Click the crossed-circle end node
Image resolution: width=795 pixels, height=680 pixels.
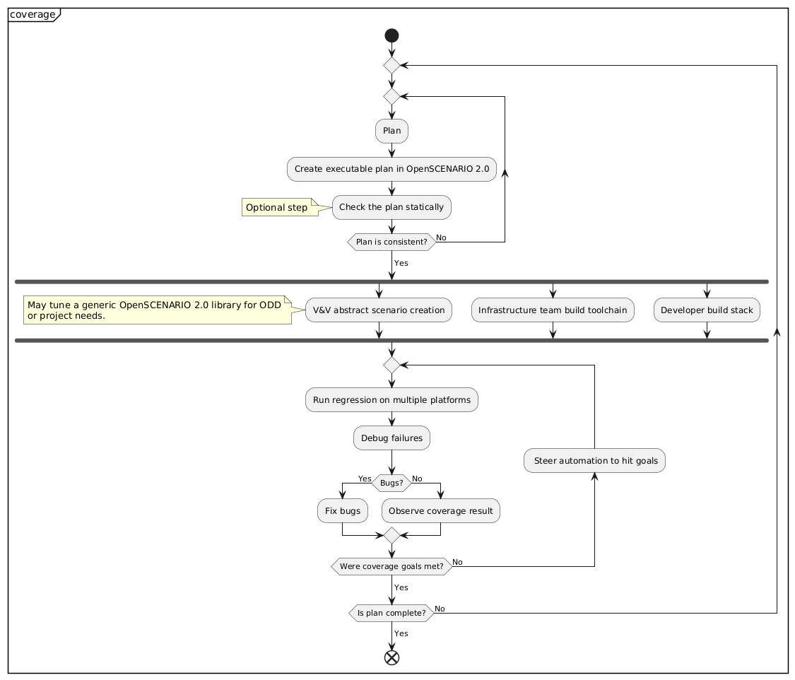click(x=391, y=657)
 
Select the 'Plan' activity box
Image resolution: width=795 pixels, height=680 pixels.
click(x=391, y=131)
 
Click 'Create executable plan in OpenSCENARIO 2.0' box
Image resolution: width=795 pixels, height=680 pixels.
click(x=391, y=169)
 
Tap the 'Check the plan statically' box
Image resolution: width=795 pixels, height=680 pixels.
click(x=391, y=207)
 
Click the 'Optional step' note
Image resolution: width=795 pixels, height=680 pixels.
click(x=281, y=207)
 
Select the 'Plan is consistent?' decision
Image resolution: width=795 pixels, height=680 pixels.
click(x=391, y=242)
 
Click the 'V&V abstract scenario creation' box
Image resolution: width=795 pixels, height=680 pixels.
click(x=379, y=310)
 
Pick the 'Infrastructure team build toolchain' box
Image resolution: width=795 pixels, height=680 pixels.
click(x=553, y=310)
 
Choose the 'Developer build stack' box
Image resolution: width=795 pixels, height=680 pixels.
click(x=707, y=310)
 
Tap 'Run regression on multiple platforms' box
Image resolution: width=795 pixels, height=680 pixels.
click(x=391, y=400)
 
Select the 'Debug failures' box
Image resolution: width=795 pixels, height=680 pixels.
click(x=391, y=438)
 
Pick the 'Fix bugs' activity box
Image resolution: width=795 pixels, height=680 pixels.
click(x=343, y=510)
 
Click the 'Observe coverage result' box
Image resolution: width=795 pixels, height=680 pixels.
click(x=441, y=510)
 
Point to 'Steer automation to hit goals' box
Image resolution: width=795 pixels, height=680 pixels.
click(x=595, y=461)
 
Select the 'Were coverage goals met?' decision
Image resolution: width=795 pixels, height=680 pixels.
click(x=391, y=566)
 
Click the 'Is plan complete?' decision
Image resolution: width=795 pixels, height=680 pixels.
click(x=391, y=613)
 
